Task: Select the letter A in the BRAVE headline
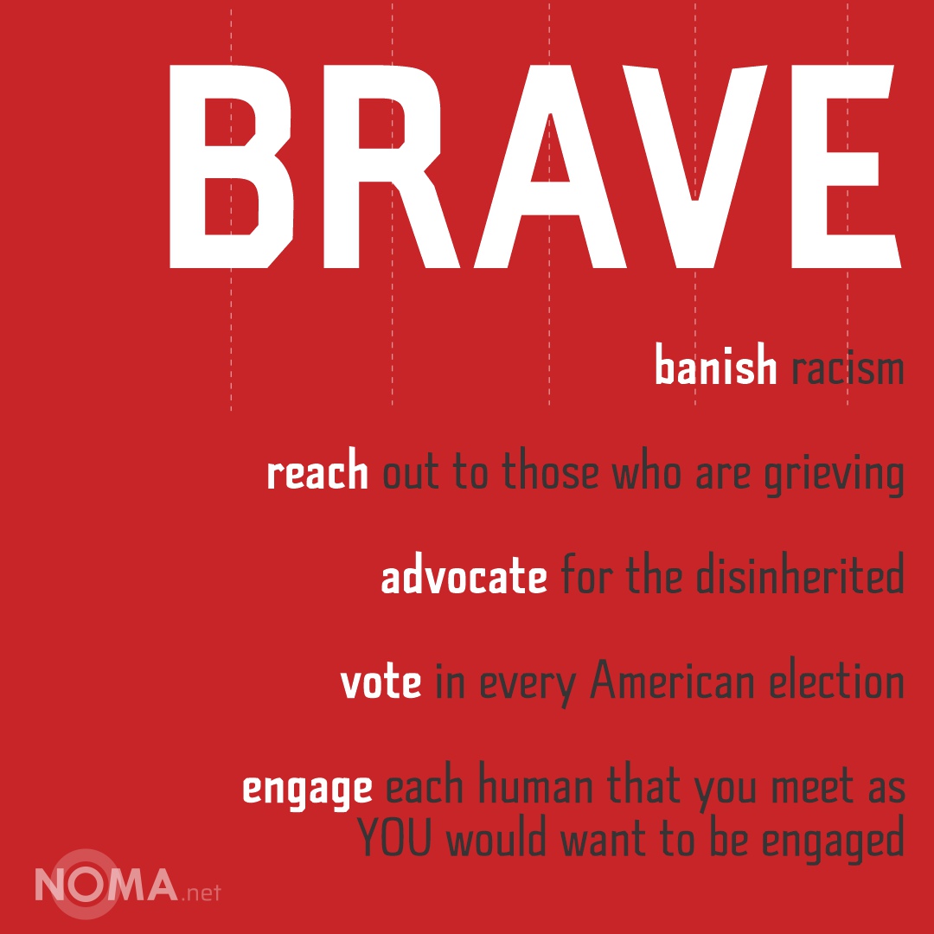pyautogui.click(x=550, y=166)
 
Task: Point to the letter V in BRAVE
pyautogui.click(x=694, y=166)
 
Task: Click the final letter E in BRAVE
pyautogui.click(x=846, y=166)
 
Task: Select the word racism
pyautogui.click(x=848, y=368)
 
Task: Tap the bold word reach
pyautogui.click(x=317, y=470)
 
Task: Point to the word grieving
pyautogui.click(x=835, y=475)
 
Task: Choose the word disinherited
pyautogui.click(x=800, y=574)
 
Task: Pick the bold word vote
pyautogui.click(x=381, y=682)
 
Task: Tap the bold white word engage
pyautogui.click(x=307, y=790)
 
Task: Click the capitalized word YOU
pyautogui.click(x=395, y=836)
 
